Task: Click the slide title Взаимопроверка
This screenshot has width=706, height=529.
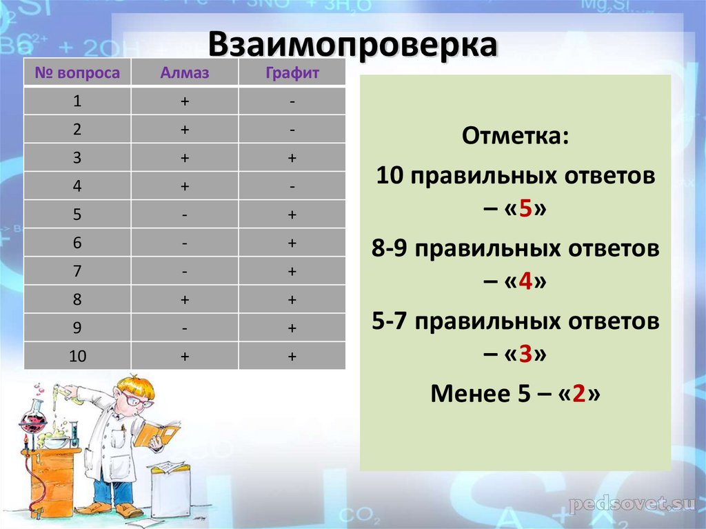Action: (352, 45)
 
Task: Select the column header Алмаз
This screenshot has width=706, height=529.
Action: (184, 72)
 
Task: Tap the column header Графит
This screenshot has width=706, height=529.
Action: (292, 72)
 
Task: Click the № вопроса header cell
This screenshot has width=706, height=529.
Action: (77, 72)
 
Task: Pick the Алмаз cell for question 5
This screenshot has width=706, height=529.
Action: (184, 214)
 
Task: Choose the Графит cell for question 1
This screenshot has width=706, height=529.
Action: (292, 101)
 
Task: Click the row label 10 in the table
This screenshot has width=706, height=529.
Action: (77, 356)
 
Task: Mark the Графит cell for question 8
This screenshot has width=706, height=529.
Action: (292, 299)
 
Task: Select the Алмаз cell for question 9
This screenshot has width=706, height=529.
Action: (184, 328)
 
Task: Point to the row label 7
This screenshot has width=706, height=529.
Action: (77, 271)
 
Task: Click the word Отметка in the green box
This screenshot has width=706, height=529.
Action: (515, 136)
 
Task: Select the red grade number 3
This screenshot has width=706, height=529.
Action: (524, 355)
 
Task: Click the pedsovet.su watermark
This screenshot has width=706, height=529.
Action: (631, 504)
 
